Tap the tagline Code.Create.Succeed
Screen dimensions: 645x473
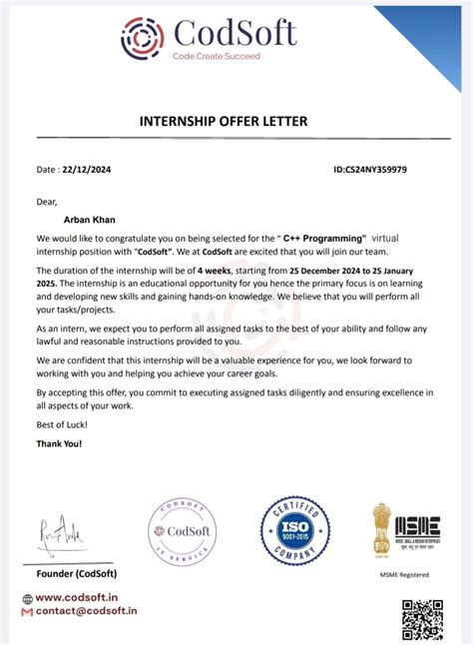coord(217,57)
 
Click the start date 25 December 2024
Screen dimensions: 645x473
coord(336,271)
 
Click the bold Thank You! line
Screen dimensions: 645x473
coord(60,443)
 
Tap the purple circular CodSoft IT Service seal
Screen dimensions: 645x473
coord(182,532)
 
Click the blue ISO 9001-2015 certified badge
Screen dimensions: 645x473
coord(295,530)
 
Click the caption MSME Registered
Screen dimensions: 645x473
coord(403,574)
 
